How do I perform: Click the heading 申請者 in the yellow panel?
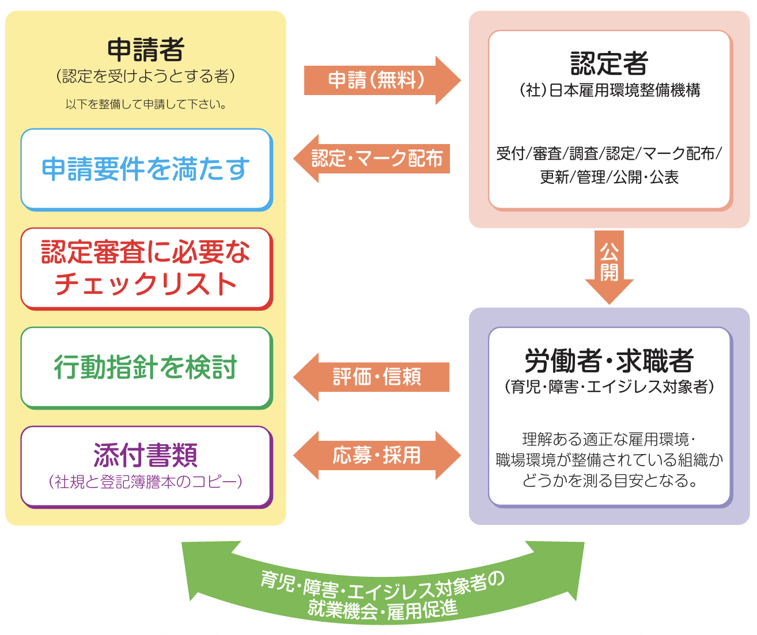(146, 50)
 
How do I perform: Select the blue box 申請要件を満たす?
(146, 169)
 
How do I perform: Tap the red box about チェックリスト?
(146, 269)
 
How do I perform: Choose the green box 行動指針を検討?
(146, 368)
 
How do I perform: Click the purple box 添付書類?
(146, 467)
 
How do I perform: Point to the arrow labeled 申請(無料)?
(380, 80)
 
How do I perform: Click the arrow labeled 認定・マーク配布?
(374, 158)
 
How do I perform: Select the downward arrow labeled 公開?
(609, 265)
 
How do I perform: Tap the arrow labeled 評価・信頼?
(374, 377)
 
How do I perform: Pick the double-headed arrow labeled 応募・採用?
(377, 455)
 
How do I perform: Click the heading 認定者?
(609, 63)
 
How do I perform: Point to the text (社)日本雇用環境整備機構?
(609, 90)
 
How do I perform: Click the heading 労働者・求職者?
(609, 361)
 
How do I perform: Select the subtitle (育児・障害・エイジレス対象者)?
(609, 387)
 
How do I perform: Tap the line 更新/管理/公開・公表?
(609, 177)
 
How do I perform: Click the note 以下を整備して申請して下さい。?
(146, 104)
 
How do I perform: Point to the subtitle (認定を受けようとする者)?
(146, 76)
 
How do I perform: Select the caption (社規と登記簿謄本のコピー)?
(146, 482)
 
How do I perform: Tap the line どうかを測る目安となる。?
(609, 481)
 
